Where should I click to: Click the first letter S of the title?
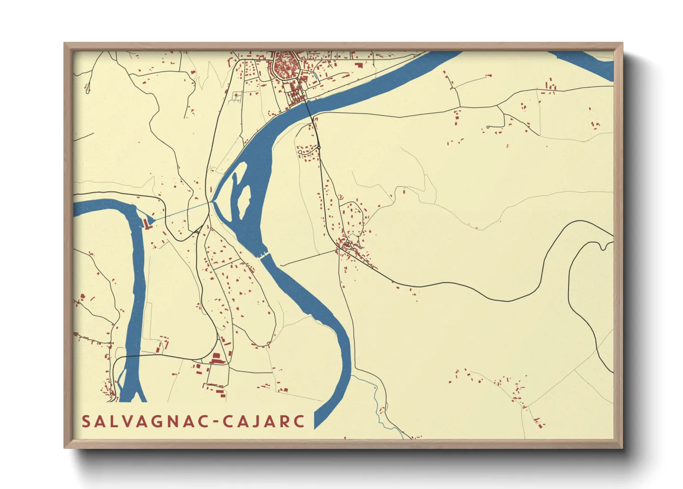[86, 422]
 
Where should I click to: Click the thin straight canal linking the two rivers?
[182, 211]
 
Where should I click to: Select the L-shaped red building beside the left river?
[147, 224]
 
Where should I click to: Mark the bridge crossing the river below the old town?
[308, 107]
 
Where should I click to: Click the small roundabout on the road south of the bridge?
[318, 147]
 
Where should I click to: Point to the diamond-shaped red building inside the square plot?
[236, 95]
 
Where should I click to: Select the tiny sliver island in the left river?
[121, 379]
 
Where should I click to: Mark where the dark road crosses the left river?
[134, 356]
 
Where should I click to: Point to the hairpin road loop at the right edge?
[605, 245]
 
